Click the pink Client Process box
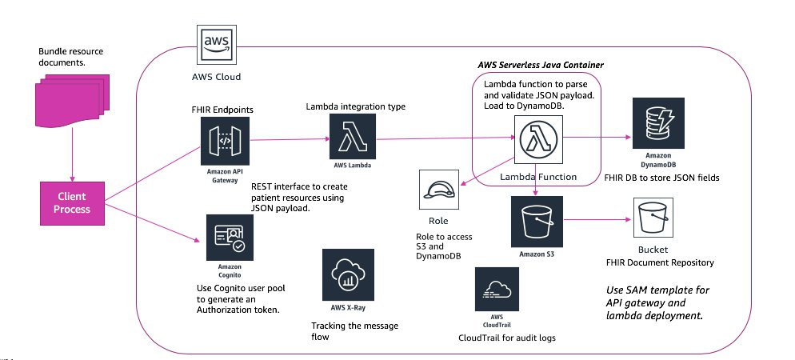point(72,202)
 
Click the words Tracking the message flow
point(344,331)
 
